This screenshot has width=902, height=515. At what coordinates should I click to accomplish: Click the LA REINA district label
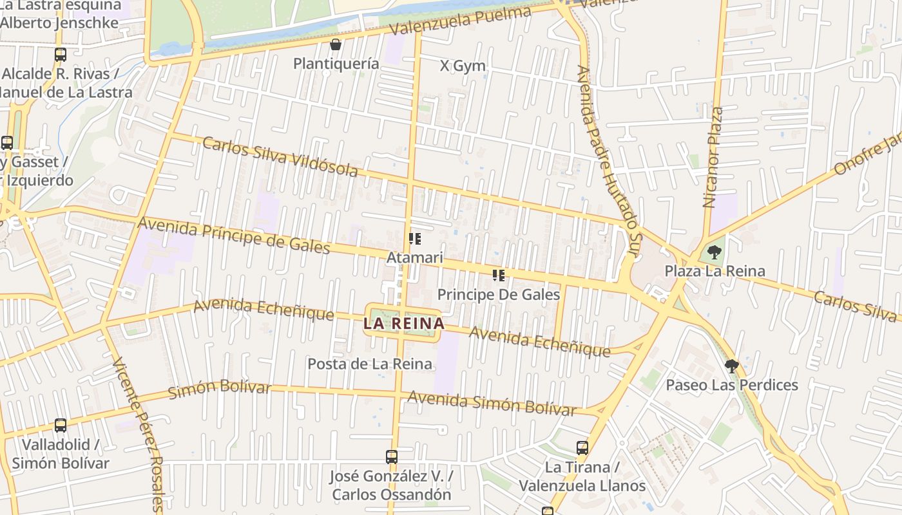[x=404, y=323]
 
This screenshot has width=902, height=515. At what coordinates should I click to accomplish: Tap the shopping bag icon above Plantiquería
[x=336, y=44]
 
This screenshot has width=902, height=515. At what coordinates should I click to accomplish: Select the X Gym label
[x=463, y=66]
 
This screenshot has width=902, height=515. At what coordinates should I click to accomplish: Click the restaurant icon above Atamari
[x=415, y=239]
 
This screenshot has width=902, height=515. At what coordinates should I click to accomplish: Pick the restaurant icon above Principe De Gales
[x=498, y=276]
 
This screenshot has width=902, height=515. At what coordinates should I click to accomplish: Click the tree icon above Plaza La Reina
[x=714, y=252]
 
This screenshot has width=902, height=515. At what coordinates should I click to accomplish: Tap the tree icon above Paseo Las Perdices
[x=731, y=366]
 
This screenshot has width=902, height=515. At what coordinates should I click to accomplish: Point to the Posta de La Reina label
[x=369, y=364]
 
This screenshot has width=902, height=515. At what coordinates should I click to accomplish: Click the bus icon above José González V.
[x=391, y=457]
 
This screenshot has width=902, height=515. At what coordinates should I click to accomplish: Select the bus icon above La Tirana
[x=582, y=447]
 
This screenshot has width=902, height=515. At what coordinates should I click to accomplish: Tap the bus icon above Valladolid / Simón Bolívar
[x=61, y=425]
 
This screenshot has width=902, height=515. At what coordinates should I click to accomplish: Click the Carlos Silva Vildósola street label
[x=280, y=156]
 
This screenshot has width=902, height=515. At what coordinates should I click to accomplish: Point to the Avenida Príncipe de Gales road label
[x=235, y=236]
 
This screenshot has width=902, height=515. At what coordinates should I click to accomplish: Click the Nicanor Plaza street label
[x=714, y=158]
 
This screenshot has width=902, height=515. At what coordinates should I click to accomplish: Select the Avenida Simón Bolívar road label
[x=492, y=404]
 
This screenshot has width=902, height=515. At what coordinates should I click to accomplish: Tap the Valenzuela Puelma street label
[x=460, y=22]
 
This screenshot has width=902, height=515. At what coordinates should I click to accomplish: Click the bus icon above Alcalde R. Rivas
[x=61, y=54]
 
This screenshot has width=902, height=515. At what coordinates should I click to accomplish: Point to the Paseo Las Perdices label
[x=732, y=385]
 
